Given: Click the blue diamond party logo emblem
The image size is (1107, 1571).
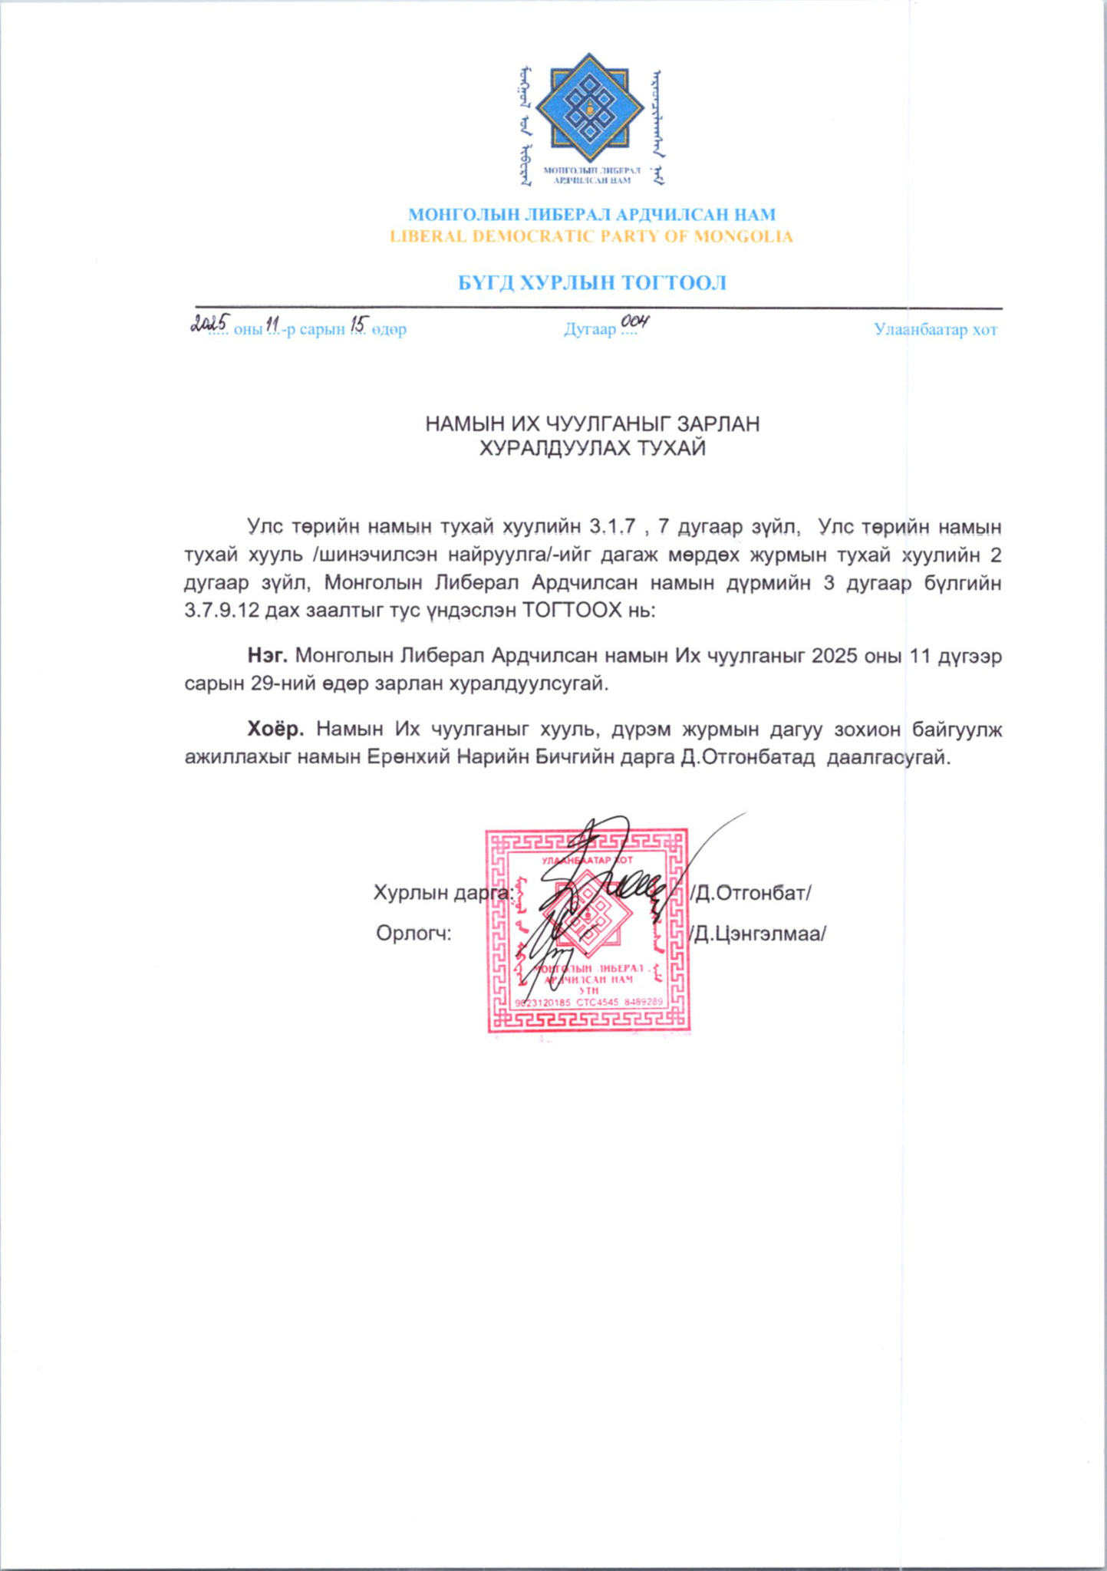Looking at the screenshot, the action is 589,108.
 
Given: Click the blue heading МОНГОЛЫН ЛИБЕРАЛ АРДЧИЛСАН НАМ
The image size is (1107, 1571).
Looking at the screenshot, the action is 591,215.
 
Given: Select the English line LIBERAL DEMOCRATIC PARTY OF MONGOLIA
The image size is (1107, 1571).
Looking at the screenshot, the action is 591,236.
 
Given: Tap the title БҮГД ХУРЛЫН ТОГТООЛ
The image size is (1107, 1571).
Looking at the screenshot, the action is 591,283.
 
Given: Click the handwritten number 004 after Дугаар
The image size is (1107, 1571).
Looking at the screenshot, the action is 635,322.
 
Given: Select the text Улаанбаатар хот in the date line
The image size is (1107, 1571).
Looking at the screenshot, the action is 935,330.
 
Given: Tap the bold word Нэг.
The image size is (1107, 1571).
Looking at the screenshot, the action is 267,656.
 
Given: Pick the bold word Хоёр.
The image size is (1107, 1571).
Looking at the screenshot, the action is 275,728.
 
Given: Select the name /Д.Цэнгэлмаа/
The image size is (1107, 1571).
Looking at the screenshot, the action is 757,934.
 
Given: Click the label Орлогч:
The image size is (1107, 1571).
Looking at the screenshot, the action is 413,934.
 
